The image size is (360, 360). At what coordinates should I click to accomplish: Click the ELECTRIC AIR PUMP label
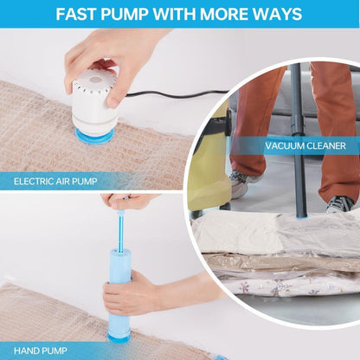pyautogui.click(x=55, y=182)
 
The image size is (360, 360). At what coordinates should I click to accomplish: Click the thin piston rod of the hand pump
pyautogui.click(x=118, y=229)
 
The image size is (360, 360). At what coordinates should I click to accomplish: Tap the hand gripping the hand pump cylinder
pyautogui.click(x=143, y=294)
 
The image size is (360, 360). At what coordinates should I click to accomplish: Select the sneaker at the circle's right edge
pyautogui.click(x=340, y=203)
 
